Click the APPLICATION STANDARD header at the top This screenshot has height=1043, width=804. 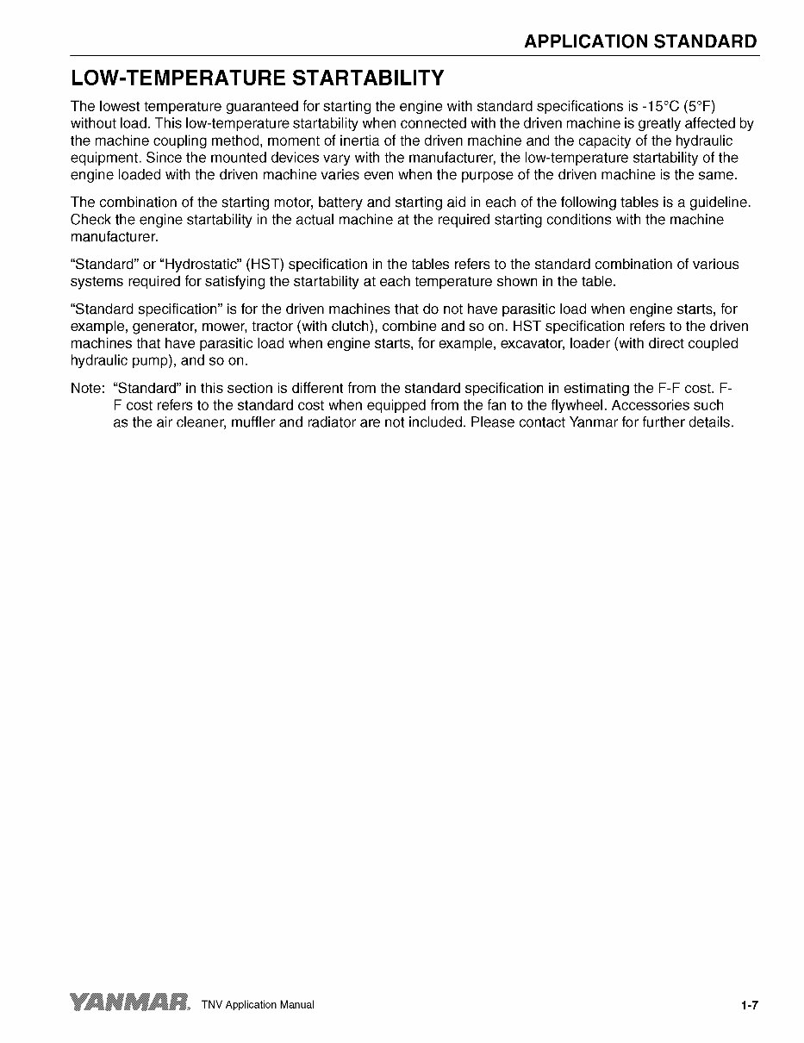(x=640, y=41)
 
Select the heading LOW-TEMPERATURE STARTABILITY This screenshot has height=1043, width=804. (x=257, y=78)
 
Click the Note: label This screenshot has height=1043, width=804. (x=88, y=389)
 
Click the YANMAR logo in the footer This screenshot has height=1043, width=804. (x=130, y=1002)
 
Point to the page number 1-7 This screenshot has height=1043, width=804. (x=748, y=1004)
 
